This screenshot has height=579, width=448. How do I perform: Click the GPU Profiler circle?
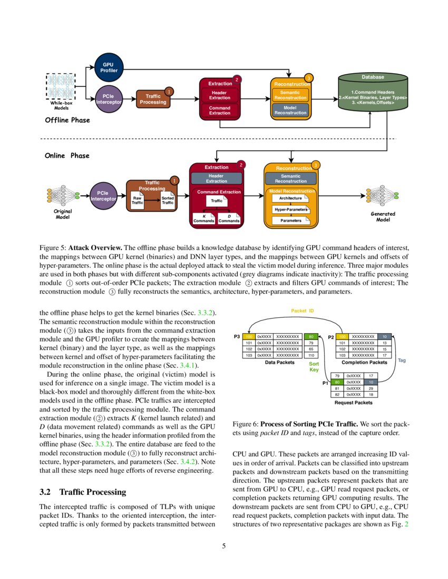tap(109, 67)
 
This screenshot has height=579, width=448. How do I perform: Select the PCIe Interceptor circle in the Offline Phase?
tap(109, 99)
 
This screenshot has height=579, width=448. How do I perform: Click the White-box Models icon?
tap(61, 87)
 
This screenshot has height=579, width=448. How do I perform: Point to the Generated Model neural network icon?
tap(383, 196)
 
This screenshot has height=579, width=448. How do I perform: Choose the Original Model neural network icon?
tap(63, 196)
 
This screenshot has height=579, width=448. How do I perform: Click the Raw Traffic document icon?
tap(137, 201)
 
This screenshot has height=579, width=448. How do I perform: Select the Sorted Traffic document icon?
tap(167, 201)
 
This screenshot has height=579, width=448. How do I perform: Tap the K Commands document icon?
tap(203, 217)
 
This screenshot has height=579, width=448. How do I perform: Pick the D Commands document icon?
tap(229, 217)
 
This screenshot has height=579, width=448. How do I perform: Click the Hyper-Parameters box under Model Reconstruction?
tap(290, 209)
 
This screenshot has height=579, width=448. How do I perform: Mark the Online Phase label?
tap(67, 156)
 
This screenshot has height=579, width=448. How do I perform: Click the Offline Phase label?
tap(67, 120)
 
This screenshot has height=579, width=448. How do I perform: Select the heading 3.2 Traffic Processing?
tap(83, 492)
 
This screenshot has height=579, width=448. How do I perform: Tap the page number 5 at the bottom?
tap(224, 546)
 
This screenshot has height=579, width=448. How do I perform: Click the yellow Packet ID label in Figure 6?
tap(303, 311)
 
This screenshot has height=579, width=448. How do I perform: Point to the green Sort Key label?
tap(314, 366)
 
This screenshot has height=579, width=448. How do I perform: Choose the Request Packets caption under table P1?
tap(353, 403)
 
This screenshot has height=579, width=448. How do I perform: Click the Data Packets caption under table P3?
tap(279, 363)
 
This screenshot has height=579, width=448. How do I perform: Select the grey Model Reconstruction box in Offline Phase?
tap(290, 110)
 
